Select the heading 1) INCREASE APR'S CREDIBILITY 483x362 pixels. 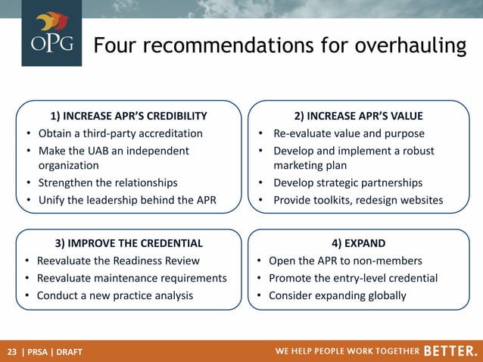pyautogui.click(x=128, y=116)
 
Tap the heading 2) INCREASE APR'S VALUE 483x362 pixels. pyautogui.click(x=358, y=116)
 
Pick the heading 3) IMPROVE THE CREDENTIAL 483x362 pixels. pyautogui.click(x=129, y=243)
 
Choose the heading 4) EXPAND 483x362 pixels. pyautogui.click(x=358, y=243)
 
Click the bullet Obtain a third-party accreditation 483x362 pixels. pyautogui.click(x=120, y=133)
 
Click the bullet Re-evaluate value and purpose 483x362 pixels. pyautogui.click(x=349, y=133)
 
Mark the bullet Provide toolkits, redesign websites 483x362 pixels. pyautogui.click(x=358, y=200)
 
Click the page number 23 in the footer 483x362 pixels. pyautogui.click(x=12, y=351)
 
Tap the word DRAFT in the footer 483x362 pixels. pyautogui.click(x=70, y=351)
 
